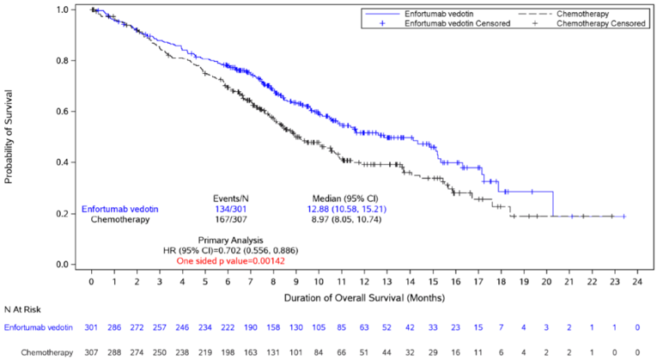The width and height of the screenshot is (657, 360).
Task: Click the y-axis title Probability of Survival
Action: click(9, 137)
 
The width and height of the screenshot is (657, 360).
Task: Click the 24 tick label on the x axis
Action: click(637, 280)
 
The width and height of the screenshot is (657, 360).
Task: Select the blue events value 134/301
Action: click(230, 208)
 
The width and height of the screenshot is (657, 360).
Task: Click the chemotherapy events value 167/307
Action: click(230, 219)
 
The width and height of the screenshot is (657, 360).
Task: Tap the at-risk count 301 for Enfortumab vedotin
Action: click(91, 327)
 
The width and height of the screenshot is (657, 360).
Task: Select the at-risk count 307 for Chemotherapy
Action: click(91, 351)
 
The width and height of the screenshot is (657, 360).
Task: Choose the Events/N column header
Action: click(230, 197)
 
